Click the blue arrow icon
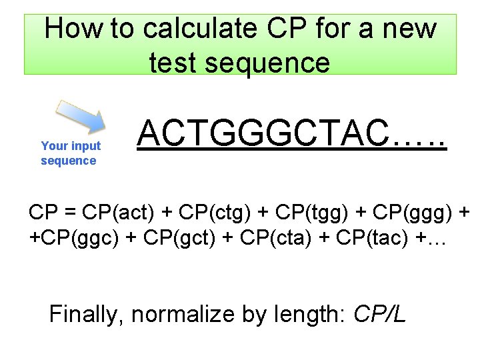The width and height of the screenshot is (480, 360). point(79,119)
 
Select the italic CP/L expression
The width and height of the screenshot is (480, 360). point(380,313)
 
